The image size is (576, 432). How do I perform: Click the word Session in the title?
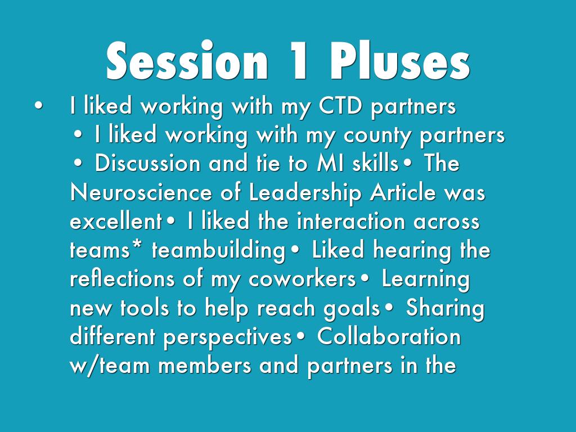pyautogui.click(x=187, y=61)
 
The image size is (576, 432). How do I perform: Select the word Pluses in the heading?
pyautogui.click(x=400, y=61)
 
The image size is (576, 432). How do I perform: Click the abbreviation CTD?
pyautogui.click(x=340, y=106)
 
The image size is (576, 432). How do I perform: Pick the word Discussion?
pyautogui.click(x=147, y=163)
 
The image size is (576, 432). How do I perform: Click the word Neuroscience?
pyautogui.click(x=141, y=192)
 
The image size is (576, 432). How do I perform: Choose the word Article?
pyautogui.click(x=403, y=192)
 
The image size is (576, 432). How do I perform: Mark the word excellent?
pyautogui.click(x=116, y=221)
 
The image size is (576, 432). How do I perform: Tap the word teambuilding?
pyautogui.click(x=219, y=251)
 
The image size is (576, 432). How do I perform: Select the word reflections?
pyautogui.click(x=122, y=279)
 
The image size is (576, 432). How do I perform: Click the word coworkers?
pyautogui.click(x=302, y=279)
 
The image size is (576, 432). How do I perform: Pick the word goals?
pyautogui.click(x=352, y=309)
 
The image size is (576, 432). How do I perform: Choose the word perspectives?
pyautogui.click(x=227, y=337)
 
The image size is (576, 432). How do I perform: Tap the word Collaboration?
pyautogui.click(x=389, y=336)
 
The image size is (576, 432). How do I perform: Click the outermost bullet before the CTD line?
pyautogui.click(x=38, y=106)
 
